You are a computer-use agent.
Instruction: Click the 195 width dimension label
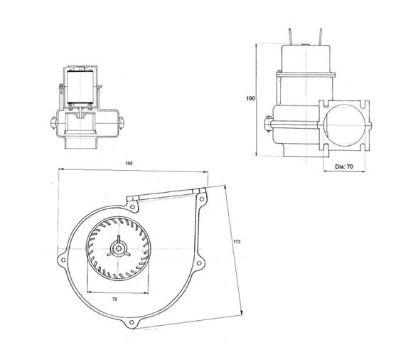pyautogui.click(x=129, y=163)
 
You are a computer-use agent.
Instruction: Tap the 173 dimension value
pyautogui.click(x=237, y=243)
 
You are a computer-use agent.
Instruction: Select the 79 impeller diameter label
pyautogui.click(x=114, y=300)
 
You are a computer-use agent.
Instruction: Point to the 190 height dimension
pyautogui.click(x=250, y=98)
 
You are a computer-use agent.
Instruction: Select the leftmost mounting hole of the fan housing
pyautogui.click(x=64, y=260)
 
